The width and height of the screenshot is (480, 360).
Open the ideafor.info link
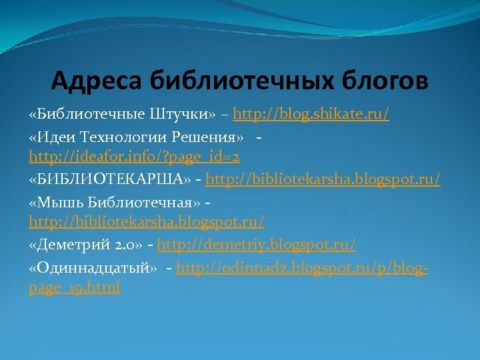click(134, 157)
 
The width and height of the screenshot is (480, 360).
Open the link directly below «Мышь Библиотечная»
click(147, 219)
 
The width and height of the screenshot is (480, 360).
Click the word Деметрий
click(74, 245)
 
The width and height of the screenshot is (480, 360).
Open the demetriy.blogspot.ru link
click(257, 245)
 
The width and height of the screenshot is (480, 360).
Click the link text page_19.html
click(75, 288)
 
